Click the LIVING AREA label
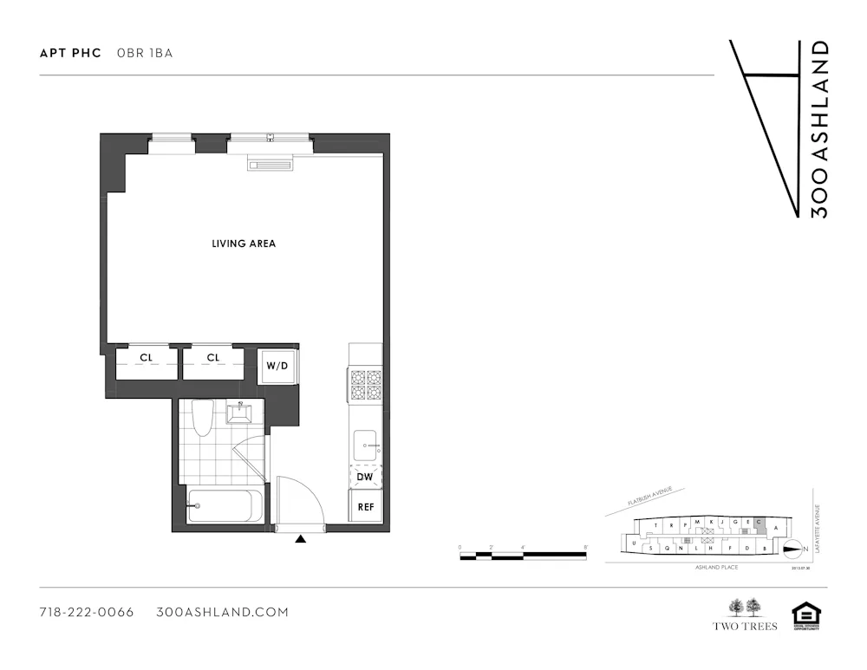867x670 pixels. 244,244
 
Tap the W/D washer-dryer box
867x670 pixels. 277,365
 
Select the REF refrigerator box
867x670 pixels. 365,507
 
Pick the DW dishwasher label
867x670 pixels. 365,476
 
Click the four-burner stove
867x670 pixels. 365,385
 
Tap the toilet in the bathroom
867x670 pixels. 202,419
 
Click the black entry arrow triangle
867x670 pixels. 301,539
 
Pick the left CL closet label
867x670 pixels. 146,357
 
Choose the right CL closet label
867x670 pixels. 213,357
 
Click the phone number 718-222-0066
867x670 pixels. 87,612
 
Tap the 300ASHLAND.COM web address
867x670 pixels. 222,612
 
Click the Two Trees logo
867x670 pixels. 745,615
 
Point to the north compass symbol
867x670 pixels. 793,548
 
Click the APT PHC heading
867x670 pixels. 70,53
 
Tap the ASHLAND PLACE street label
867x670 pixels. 716,567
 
